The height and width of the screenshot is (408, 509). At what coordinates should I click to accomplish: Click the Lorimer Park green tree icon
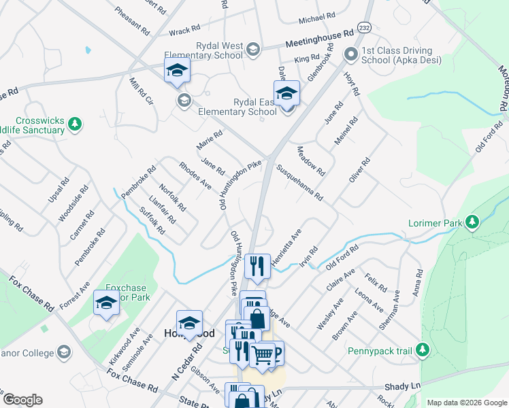point(471,222)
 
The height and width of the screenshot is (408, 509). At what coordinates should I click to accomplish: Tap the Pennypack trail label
point(380,351)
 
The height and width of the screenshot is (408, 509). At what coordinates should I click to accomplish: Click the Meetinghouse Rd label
point(320,37)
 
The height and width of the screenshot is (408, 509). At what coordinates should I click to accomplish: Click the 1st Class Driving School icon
point(351,54)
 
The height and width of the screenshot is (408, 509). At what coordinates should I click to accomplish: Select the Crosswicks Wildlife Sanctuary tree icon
point(76,124)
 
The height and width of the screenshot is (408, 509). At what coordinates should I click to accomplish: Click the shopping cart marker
point(262,354)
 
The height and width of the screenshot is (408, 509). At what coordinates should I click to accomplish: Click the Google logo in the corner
point(22,400)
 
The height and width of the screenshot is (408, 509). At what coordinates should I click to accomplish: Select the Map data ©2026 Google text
point(467,403)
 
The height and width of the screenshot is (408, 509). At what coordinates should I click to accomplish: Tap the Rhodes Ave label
point(195,176)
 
